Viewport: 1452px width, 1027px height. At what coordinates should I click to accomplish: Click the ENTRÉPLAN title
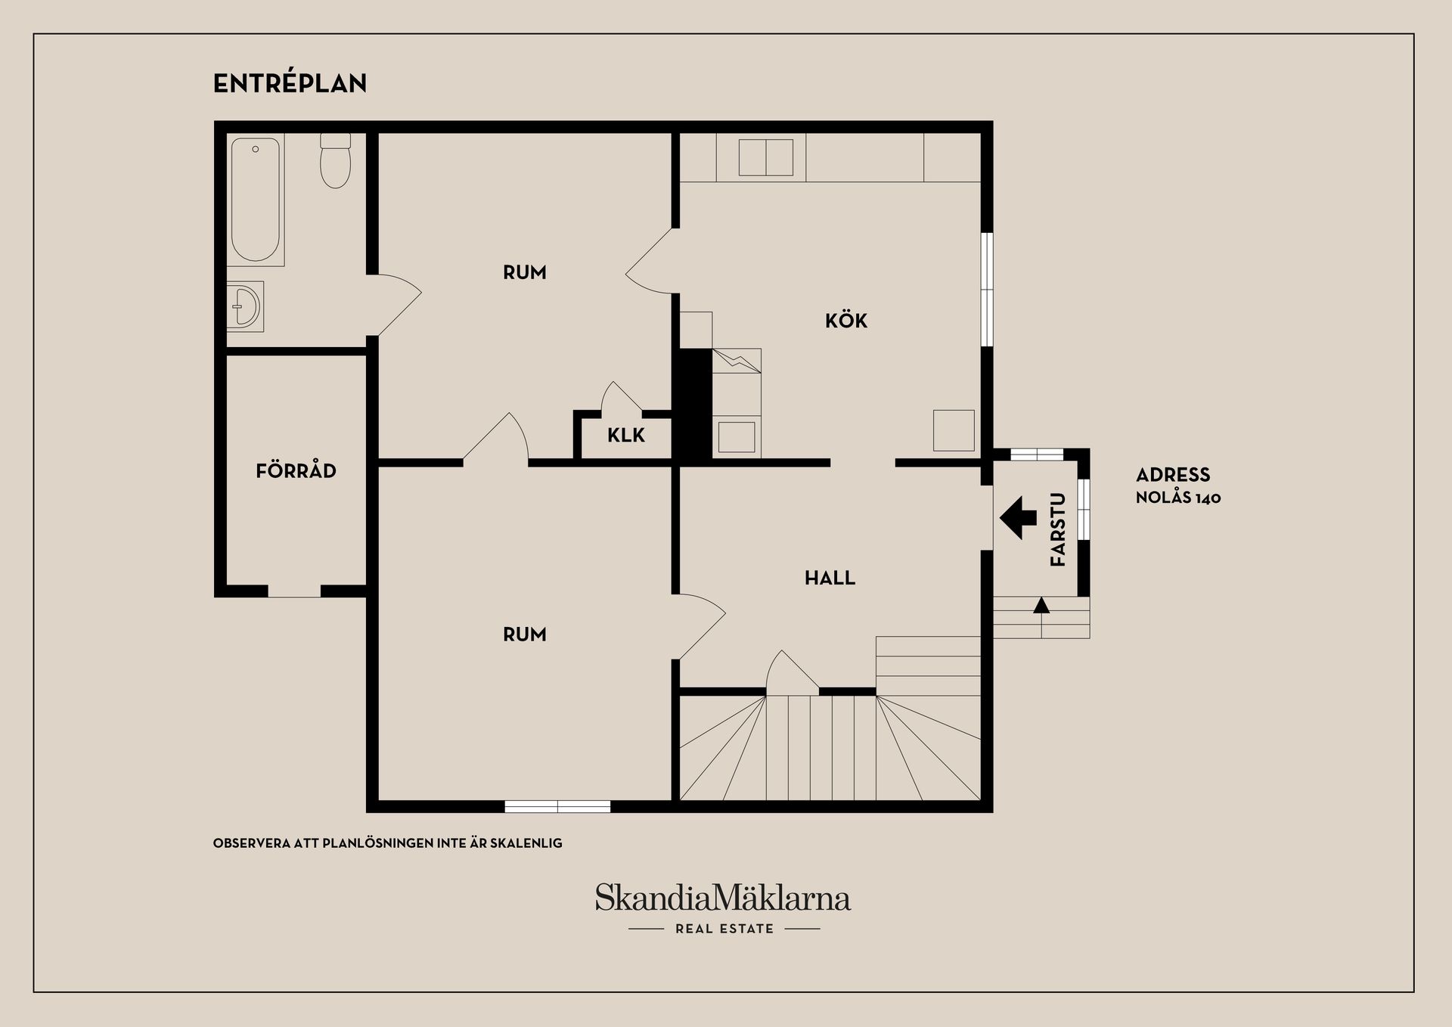tap(290, 82)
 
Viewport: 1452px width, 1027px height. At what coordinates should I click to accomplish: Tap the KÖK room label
tap(846, 320)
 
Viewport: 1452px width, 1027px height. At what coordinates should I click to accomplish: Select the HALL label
tap(830, 578)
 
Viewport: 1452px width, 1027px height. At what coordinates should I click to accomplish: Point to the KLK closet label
tap(626, 435)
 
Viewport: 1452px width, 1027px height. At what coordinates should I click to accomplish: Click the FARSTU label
tap(1058, 529)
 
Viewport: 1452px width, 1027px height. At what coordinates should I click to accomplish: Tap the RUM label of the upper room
tap(525, 272)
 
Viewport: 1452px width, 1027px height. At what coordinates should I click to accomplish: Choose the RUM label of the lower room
tap(525, 634)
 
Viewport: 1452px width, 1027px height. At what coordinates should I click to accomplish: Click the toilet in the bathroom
tap(335, 160)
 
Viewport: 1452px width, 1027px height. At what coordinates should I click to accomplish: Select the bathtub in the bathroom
tap(256, 200)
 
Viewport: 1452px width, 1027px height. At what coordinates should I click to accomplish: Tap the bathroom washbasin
tap(245, 306)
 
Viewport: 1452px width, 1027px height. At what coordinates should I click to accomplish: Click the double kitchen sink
tap(766, 157)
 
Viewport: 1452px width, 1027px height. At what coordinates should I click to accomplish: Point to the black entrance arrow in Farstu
tap(1019, 518)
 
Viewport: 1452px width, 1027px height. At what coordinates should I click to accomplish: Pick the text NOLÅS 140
tap(1178, 498)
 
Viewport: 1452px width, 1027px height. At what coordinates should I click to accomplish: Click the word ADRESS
tap(1173, 475)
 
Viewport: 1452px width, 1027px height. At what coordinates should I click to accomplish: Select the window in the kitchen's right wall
tap(987, 290)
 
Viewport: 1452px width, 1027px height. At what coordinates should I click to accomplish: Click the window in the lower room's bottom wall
tap(557, 806)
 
